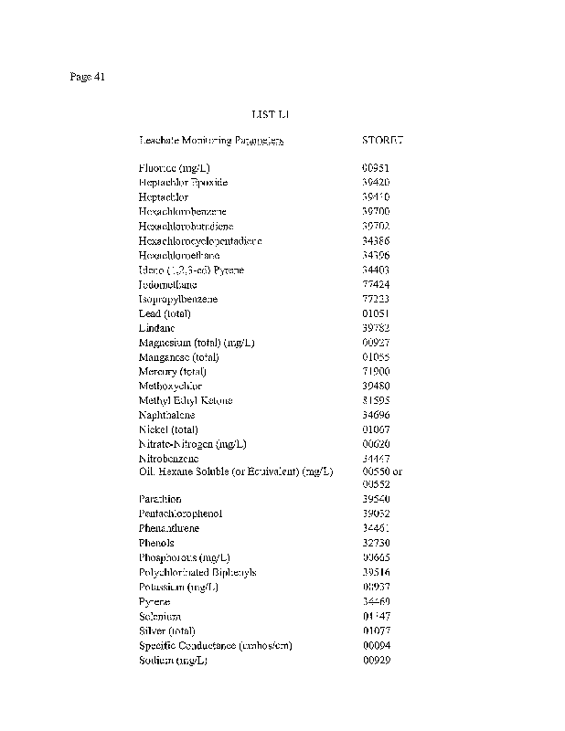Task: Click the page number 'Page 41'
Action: (88, 77)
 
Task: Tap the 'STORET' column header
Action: (382, 141)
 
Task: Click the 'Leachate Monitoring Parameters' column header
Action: (210, 141)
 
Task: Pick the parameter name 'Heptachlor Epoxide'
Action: (183, 183)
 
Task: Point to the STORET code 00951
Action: (376, 168)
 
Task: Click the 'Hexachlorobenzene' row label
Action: (183, 212)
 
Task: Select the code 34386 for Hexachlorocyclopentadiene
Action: (376, 241)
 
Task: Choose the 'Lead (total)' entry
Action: (162, 313)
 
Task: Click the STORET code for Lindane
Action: (376, 328)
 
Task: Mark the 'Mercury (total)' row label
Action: (172, 372)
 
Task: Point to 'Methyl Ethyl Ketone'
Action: (186, 401)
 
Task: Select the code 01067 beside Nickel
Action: (376, 429)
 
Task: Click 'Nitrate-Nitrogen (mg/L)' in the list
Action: (192, 444)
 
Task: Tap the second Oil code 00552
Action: (376, 484)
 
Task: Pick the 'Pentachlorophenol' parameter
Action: (180, 514)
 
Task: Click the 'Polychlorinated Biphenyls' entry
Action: (197, 572)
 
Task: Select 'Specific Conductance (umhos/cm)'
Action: (215, 645)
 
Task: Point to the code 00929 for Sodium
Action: (376, 660)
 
